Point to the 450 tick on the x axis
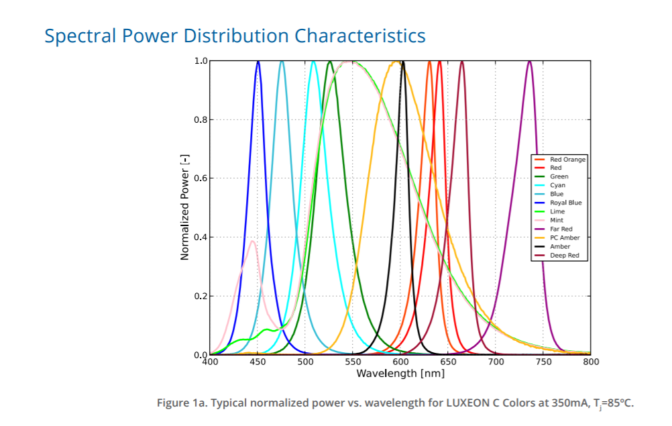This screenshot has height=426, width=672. tap(258, 362)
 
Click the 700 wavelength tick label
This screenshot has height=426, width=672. tap(496, 362)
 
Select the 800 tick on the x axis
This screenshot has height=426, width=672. tap(591, 362)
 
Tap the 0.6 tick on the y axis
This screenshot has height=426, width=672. tap(201, 178)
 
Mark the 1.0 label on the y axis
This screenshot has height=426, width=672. tap(201, 61)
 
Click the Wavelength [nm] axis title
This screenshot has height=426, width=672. tap(400, 374)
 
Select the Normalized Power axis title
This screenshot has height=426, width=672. tap(184, 207)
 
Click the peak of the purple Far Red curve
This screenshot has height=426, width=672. tap(530, 61)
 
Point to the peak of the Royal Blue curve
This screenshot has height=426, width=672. tap(258, 61)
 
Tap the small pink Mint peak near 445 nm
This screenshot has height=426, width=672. tap(252, 242)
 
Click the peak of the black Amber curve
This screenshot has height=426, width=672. tap(402, 61)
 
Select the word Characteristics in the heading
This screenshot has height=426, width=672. tap(360, 36)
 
